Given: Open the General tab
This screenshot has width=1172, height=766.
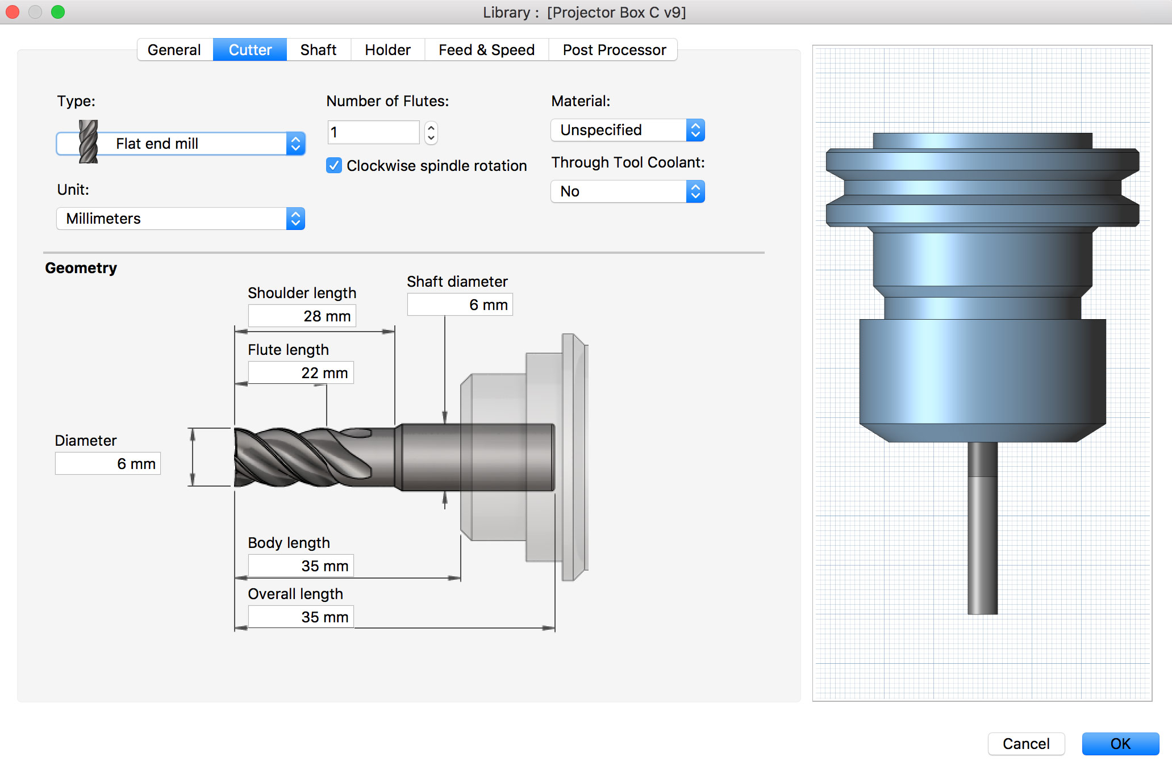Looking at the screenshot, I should point(174,50).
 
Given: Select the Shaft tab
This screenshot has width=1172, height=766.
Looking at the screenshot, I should point(318,50).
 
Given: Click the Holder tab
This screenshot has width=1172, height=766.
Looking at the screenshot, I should point(387,50).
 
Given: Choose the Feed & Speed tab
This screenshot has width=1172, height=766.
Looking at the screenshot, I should point(486,50).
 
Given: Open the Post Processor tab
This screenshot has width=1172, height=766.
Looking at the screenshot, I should point(614,50).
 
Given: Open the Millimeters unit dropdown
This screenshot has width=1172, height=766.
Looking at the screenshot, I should point(181,219).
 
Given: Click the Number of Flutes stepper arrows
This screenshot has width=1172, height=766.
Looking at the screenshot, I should point(431,132).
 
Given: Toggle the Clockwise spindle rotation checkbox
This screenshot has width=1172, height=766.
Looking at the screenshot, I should point(334,165).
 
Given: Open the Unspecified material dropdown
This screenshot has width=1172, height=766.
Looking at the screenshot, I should point(627,130).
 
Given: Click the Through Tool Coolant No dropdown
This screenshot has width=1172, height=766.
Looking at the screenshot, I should point(627,191).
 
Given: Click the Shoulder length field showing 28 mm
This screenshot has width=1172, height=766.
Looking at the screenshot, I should point(302,316).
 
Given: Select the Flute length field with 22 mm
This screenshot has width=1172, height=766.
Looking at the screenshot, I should point(301,373).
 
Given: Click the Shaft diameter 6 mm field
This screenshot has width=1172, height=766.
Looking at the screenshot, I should point(460,305).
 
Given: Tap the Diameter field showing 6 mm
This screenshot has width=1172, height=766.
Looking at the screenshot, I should point(108,464).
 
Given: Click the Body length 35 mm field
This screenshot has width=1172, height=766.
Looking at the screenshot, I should point(301,566).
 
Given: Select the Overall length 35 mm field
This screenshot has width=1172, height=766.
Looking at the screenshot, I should point(301,617).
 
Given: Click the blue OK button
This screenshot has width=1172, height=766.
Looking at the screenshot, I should point(1120,744).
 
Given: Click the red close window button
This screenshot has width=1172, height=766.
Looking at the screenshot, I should point(12,12).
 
